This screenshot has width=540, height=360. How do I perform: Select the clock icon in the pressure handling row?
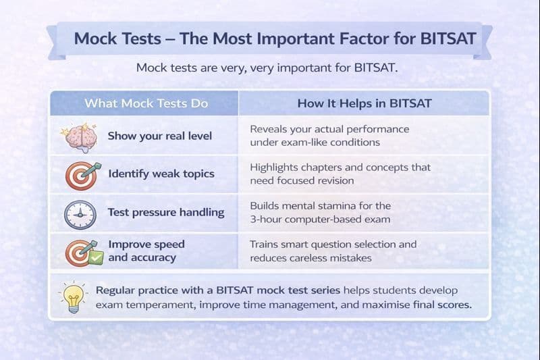click(x=80, y=214)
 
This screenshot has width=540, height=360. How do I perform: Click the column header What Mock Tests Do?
click(x=146, y=103)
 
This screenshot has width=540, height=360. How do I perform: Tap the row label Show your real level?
click(x=159, y=136)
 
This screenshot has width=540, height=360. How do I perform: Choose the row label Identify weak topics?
click(x=161, y=174)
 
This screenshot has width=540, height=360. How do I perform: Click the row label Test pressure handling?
click(x=165, y=212)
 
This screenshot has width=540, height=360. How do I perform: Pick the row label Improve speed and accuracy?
click(x=146, y=251)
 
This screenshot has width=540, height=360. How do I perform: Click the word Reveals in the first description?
click(x=269, y=128)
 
